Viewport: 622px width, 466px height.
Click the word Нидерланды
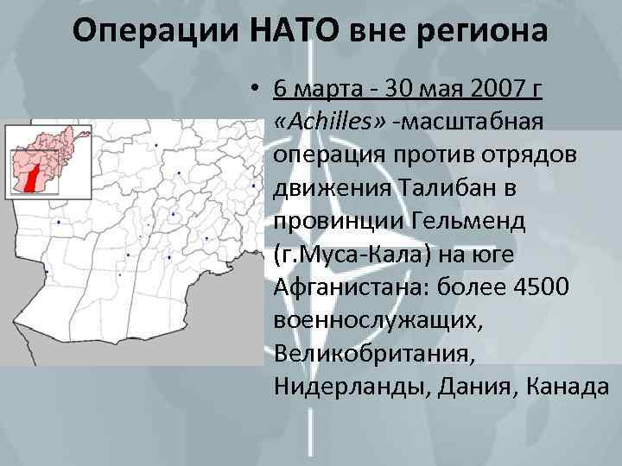tap(346, 386)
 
